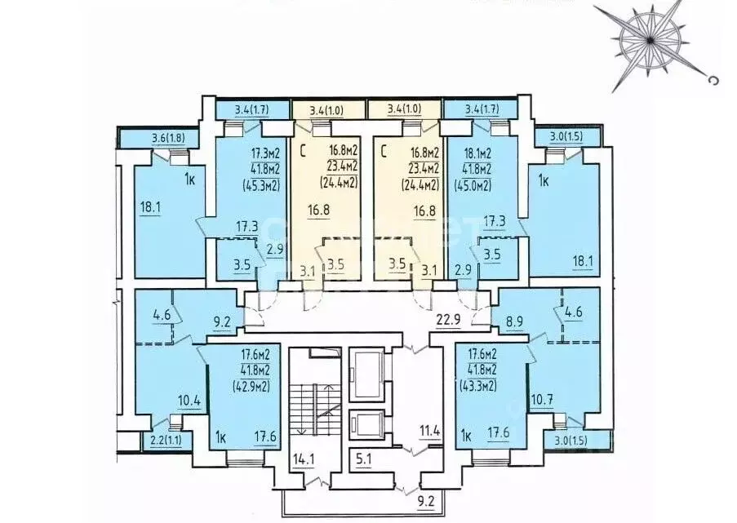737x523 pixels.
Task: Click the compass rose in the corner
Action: tap(649, 41)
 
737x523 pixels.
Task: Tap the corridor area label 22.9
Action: tap(448, 320)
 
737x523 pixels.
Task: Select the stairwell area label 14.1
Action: tap(302, 458)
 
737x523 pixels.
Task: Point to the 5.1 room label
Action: tap(363, 459)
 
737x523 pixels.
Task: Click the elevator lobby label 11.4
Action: tap(430, 431)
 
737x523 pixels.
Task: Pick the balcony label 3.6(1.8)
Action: tap(168, 139)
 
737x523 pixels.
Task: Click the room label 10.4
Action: tap(189, 401)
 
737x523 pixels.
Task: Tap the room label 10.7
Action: tap(541, 400)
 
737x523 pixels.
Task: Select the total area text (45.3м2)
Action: tap(261, 185)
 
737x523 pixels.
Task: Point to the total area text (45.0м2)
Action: tap(473, 185)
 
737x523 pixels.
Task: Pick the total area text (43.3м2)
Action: tap(478, 386)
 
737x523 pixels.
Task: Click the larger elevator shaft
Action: tap(366, 375)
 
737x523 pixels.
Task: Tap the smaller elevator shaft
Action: tap(366, 425)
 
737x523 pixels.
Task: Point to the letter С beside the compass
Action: tap(714, 81)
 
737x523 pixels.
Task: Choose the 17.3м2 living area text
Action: tap(266, 153)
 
